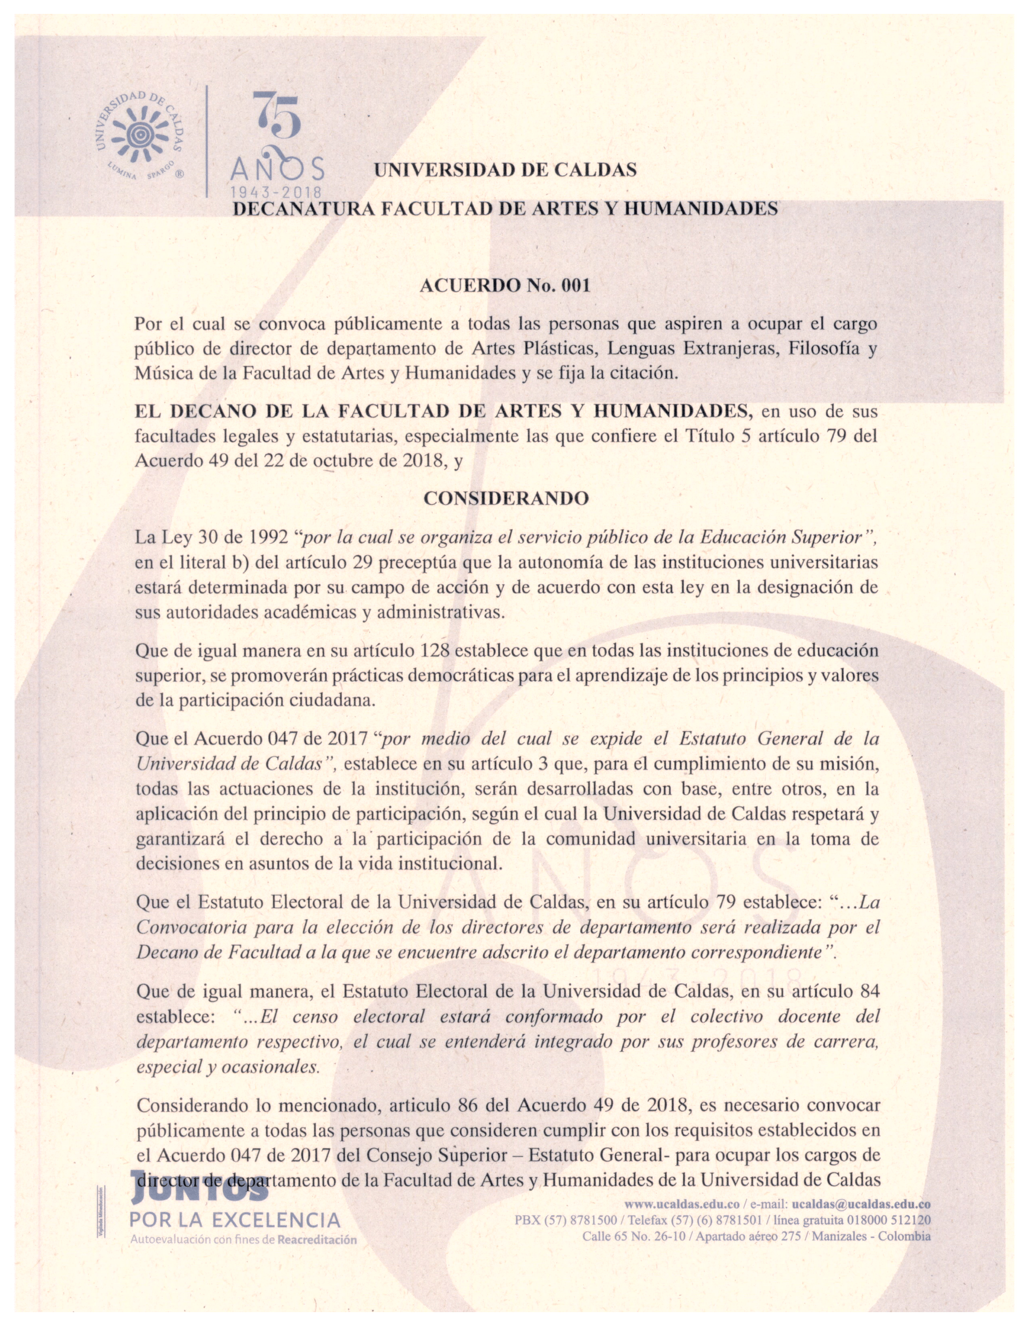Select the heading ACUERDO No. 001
tap(505, 285)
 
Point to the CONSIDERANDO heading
tap(506, 498)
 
